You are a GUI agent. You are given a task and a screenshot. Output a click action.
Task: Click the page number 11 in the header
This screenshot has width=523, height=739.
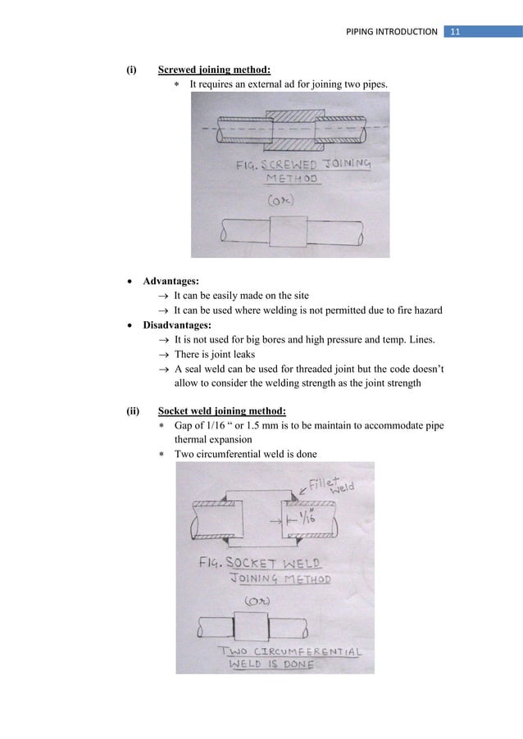point(455,31)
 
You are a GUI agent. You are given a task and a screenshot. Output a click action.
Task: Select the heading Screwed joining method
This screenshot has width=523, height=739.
point(208,70)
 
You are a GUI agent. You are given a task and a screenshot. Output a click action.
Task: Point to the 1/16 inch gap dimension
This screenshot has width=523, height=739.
point(305,518)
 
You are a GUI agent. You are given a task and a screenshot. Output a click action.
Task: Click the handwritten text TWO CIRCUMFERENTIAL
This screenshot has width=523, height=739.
point(293,651)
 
